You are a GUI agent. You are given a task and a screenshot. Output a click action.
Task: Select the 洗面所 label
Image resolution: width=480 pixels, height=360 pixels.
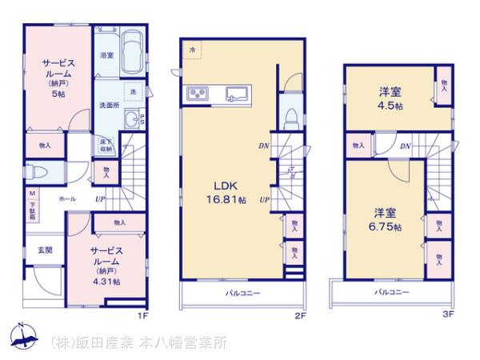tap(108, 104)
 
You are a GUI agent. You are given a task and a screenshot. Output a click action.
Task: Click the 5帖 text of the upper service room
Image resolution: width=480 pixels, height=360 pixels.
tap(58, 94)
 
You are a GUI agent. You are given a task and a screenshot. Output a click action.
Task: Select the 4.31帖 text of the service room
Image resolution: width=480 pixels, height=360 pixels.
tap(106, 282)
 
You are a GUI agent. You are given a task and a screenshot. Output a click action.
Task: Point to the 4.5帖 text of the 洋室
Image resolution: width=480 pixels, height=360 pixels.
tap(392, 106)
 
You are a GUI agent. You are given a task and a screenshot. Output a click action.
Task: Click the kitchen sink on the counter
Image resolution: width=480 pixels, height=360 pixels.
tap(239, 94)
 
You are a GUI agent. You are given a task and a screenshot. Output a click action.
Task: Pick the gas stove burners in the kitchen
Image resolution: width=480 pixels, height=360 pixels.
tap(197, 94)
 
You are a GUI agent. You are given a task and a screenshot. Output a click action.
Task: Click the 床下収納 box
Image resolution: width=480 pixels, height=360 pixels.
tap(106, 146)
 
